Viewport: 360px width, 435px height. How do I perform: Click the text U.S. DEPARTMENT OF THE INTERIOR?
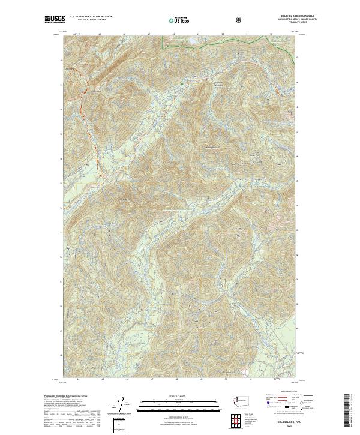point(91,17)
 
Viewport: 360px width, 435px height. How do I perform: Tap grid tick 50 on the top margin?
point(223,34)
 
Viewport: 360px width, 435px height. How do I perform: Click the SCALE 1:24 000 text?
point(180,395)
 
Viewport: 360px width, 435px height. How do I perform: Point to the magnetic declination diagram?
point(122,406)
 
